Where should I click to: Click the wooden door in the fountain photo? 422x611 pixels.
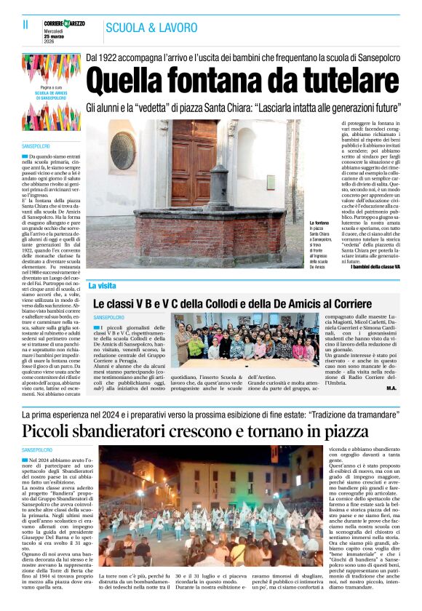(x=193, y=163)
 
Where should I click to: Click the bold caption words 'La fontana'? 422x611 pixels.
(x=320, y=223)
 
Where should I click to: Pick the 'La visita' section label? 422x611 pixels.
(x=103, y=286)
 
